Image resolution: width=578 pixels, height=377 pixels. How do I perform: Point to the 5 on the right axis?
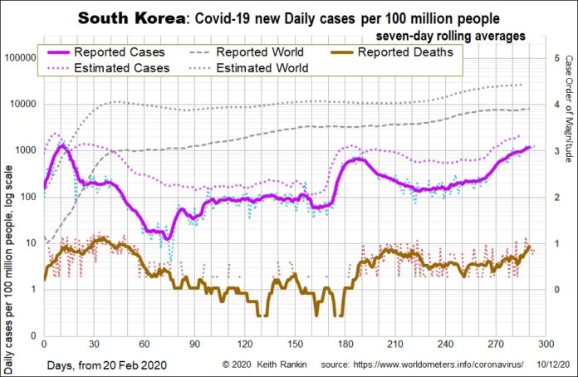pos(555,58)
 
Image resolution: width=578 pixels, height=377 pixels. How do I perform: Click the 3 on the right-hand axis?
pos(555,150)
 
